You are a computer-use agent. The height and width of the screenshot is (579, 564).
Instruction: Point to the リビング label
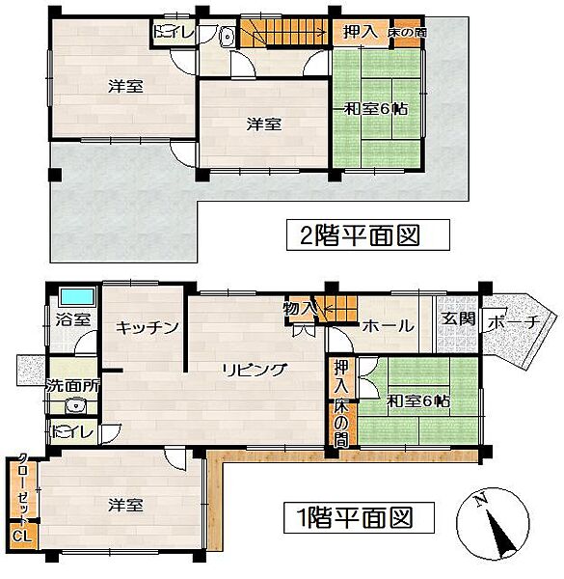click(254, 370)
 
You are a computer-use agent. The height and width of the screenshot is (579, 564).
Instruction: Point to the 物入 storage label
click(300, 309)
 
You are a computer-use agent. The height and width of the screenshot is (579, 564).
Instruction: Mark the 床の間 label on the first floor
click(341, 421)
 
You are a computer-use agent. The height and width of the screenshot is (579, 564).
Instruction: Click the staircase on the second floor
click(284, 33)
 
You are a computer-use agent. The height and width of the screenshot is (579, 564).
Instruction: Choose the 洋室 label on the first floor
click(125, 504)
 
